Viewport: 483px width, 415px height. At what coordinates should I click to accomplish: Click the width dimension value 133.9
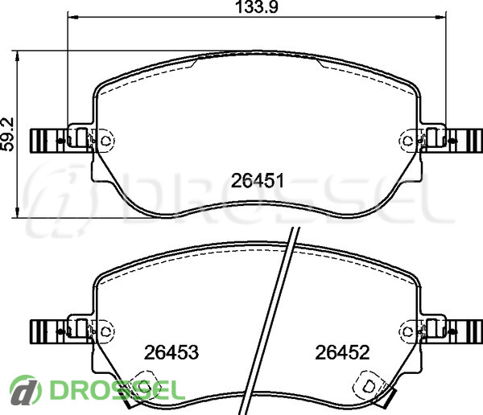point(257,6)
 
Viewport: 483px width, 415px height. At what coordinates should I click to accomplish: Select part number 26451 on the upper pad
point(258,181)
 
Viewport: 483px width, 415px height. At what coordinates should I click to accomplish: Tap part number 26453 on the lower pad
point(171,352)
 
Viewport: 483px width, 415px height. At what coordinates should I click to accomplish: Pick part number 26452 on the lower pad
point(342,352)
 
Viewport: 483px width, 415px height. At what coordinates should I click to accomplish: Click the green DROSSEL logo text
point(118,391)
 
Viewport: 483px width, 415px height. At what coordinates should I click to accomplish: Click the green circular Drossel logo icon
point(26,390)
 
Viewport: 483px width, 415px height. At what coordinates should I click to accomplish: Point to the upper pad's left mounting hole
point(105,141)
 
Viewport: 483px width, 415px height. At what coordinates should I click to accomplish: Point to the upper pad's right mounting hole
point(408,141)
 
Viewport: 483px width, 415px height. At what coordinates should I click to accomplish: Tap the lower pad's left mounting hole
point(105,331)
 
